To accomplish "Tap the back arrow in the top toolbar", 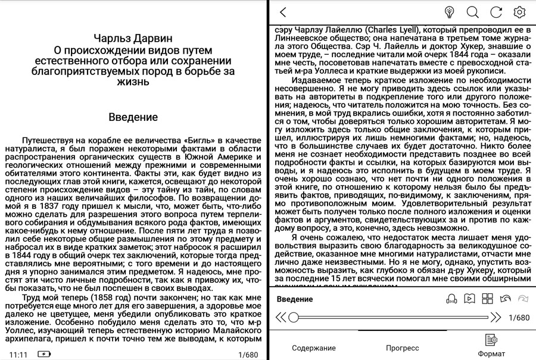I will click(x=283, y=12).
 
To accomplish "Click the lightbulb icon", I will click(x=450, y=12).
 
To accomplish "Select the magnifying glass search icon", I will click(x=473, y=12).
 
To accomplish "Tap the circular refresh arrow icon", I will click(x=496, y=12).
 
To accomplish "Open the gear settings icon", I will click(x=519, y=12).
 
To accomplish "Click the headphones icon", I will click(x=451, y=299).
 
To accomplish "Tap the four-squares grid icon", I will click(x=487, y=299).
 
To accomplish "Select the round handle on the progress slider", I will click(x=293, y=317).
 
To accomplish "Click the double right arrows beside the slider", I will click(x=496, y=317).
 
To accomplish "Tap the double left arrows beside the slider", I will click(x=280, y=317).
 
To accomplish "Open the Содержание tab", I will click(x=313, y=348).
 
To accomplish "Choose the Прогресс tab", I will click(x=402, y=348).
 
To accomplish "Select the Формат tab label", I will click(x=491, y=353).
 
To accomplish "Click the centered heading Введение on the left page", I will click(x=133, y=117).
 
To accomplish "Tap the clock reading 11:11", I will click(x=18, y=355).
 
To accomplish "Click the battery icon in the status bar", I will click(x=44, y=355).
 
